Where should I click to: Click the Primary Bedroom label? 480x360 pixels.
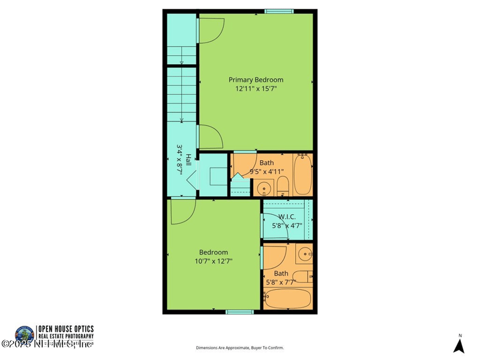(x=256, y=79)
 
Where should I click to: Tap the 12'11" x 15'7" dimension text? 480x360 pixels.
(x=256, y=89)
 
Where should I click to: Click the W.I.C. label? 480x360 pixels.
(x=287, y=217)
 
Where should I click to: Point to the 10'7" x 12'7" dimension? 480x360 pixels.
(x=213, y=261)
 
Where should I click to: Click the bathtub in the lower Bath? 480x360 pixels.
(x=287, y=299)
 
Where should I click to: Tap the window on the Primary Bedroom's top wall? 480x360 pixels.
(x=279, y=10)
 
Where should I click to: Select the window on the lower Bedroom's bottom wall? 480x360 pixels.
(x=239, y=311)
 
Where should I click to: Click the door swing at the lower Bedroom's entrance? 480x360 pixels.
(x=182, y=211)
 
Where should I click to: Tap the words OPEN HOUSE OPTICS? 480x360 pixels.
(x=65, y=329)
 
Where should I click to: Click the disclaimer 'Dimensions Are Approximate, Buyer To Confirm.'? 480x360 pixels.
(x=240, y=347)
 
